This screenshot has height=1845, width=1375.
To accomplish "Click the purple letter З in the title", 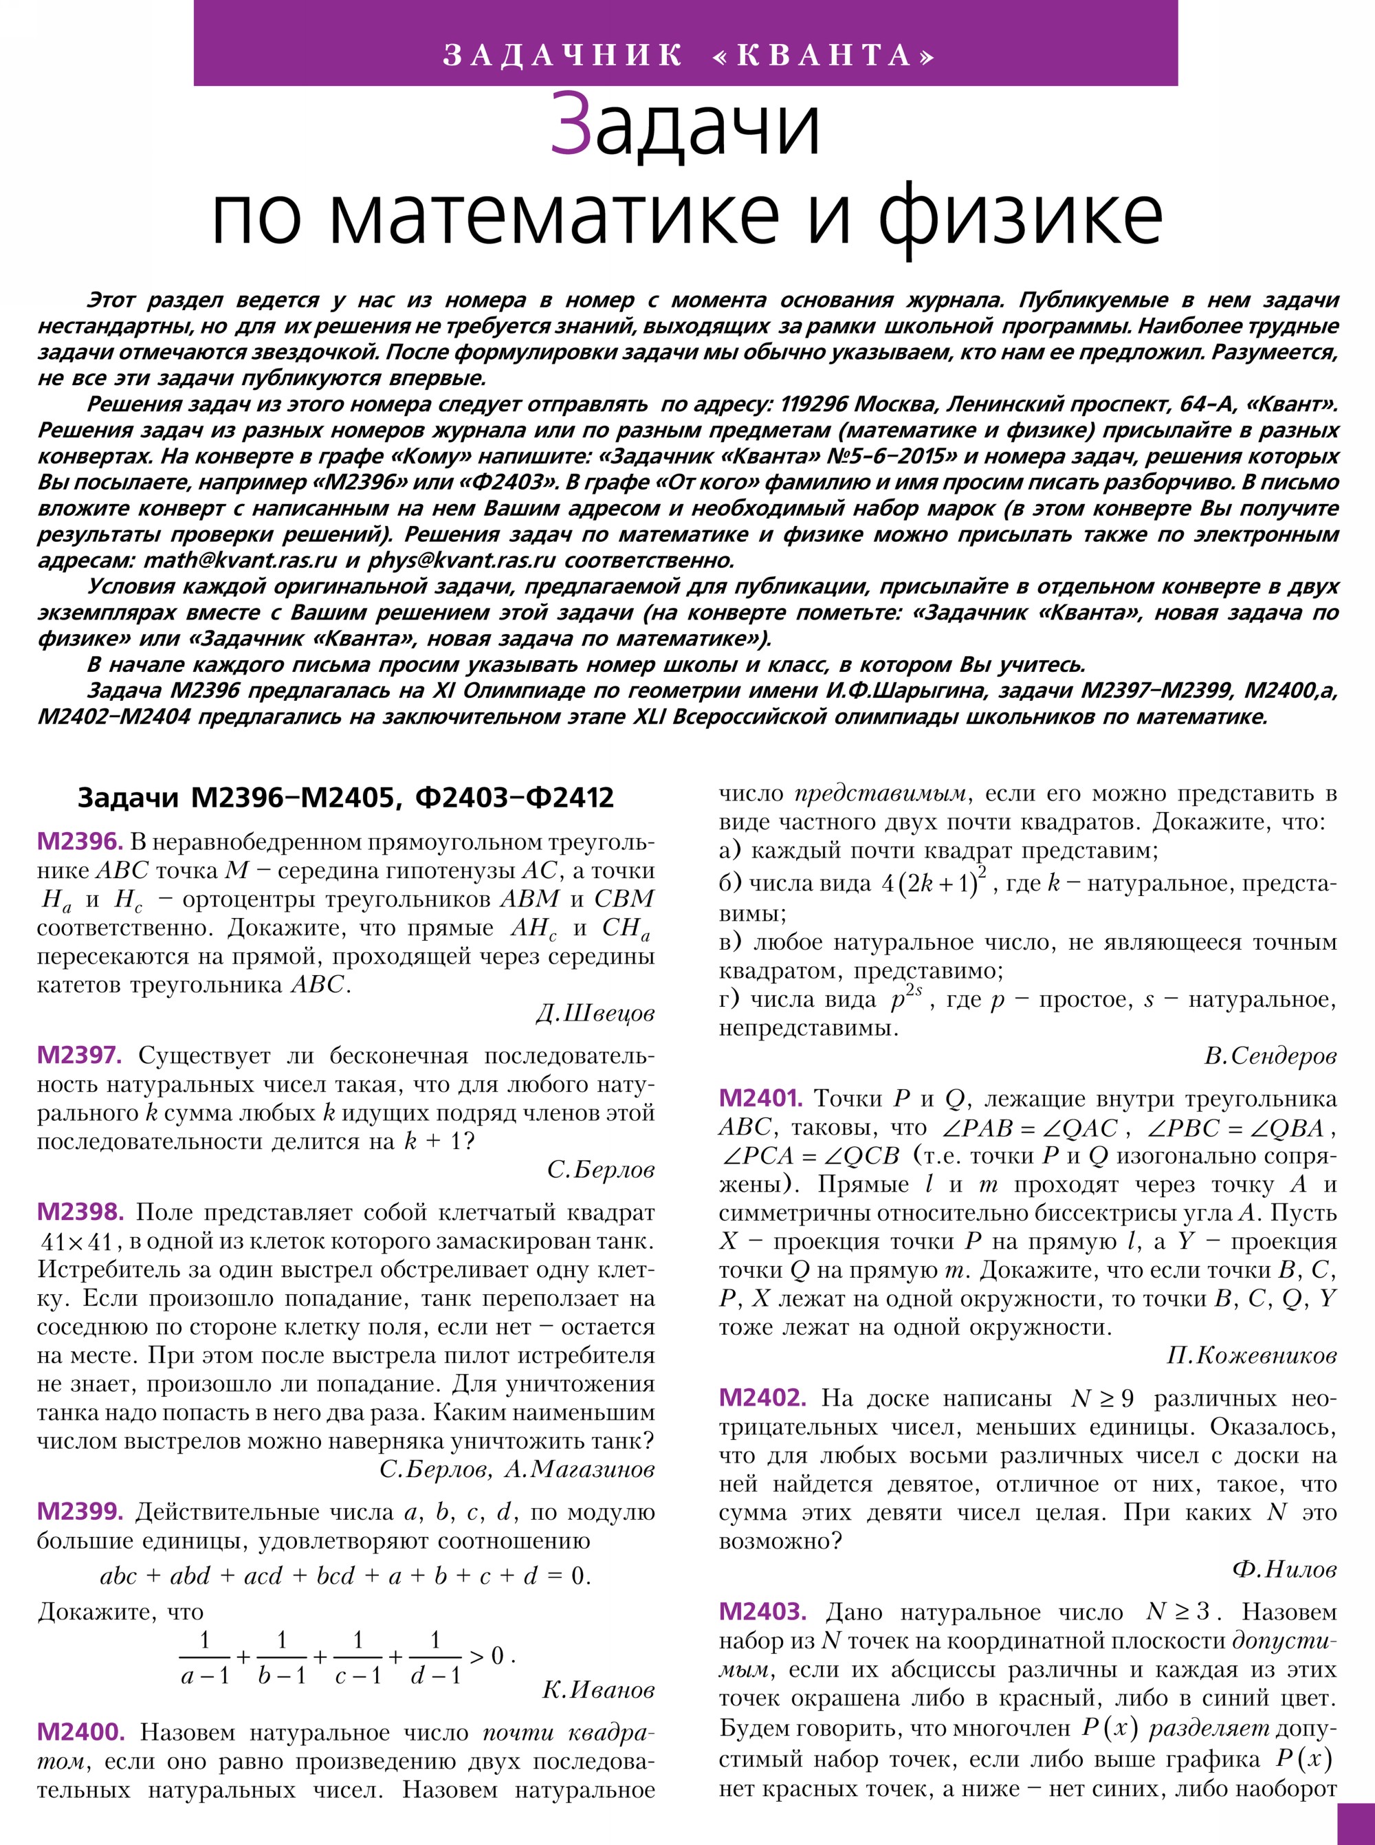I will (571, 125).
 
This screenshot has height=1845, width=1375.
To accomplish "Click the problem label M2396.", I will (80, 842).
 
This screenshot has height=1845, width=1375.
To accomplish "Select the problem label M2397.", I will (80, 1056).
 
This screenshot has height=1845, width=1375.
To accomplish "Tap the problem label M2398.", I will (80, 1212).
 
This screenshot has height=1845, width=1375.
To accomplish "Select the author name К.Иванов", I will (598, 1690).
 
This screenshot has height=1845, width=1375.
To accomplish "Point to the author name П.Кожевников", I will (1252, 1356).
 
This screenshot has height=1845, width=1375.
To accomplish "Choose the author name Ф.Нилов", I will (1284, 1570).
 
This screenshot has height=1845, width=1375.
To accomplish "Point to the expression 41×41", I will (76, 1242).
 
